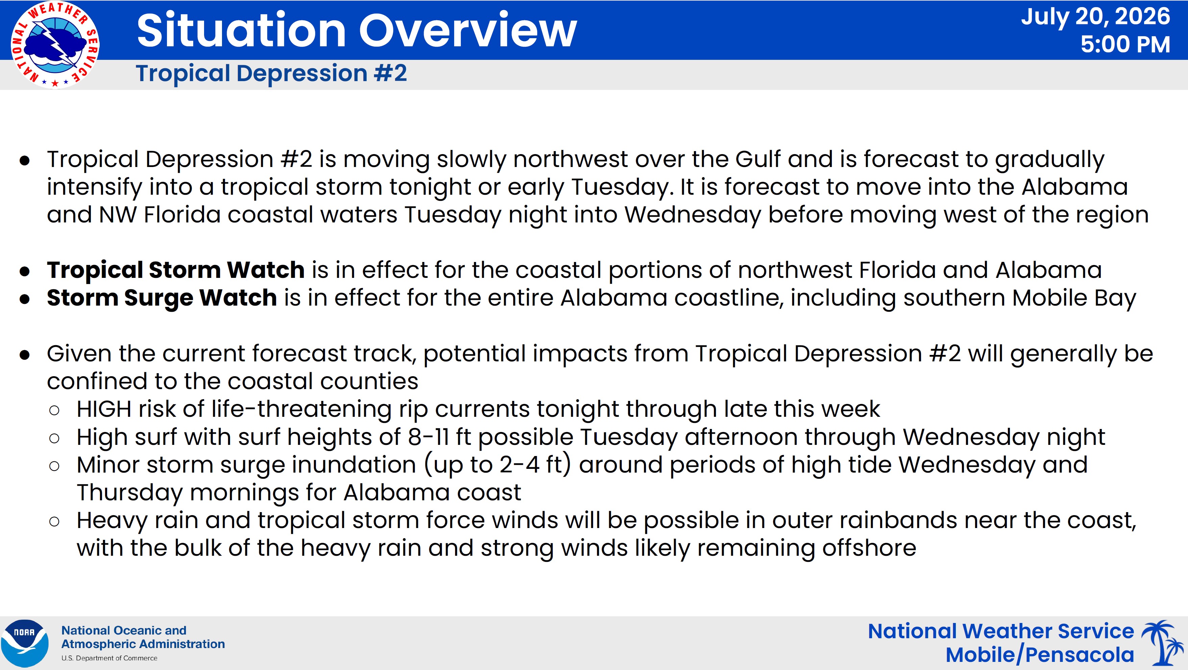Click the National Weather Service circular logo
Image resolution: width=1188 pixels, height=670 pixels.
[x=55, y=45]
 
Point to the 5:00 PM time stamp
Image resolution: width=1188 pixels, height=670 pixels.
[x=1125, y=44]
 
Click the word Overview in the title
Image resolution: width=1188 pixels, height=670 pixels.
[x=468, y=30]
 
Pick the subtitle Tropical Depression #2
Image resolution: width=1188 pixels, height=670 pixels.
[x=271, y=73]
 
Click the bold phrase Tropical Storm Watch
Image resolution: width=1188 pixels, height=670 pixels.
[x=176, y=270]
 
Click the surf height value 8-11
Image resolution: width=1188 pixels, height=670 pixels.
[x=428, y=436]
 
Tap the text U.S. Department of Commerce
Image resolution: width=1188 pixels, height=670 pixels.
[x=109, y=658]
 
